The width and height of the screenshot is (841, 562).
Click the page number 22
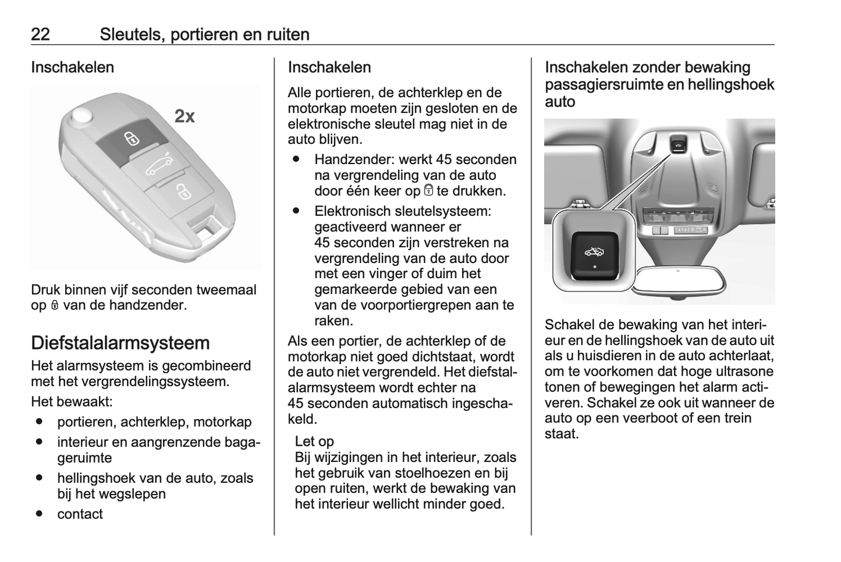tap(40, 34)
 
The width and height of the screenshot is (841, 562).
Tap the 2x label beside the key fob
tap(184, 116)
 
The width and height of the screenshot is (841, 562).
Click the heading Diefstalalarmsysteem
tap(120, 343)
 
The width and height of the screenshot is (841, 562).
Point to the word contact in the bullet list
tap(80, 514)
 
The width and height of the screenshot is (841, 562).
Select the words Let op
tap(314, 441)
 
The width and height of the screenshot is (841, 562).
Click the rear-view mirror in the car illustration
tap(678, 282)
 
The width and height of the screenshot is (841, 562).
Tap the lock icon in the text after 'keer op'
tap(428, 190)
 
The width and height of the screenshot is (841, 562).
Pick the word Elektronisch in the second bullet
tap(352, 211)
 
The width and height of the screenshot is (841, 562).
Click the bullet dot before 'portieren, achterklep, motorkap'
tap(39, 421)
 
